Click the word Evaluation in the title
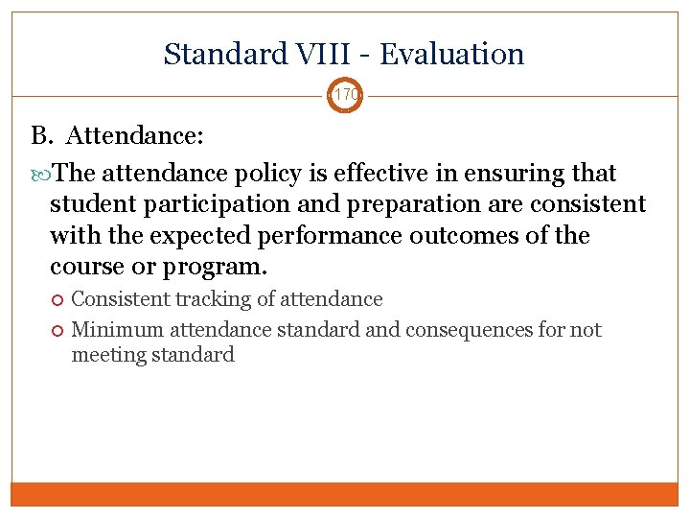(452, 54)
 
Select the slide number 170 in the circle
(345, 96)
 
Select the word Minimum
(118, 330)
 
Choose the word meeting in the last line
(106, 355)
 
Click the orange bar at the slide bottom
(345, 493)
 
